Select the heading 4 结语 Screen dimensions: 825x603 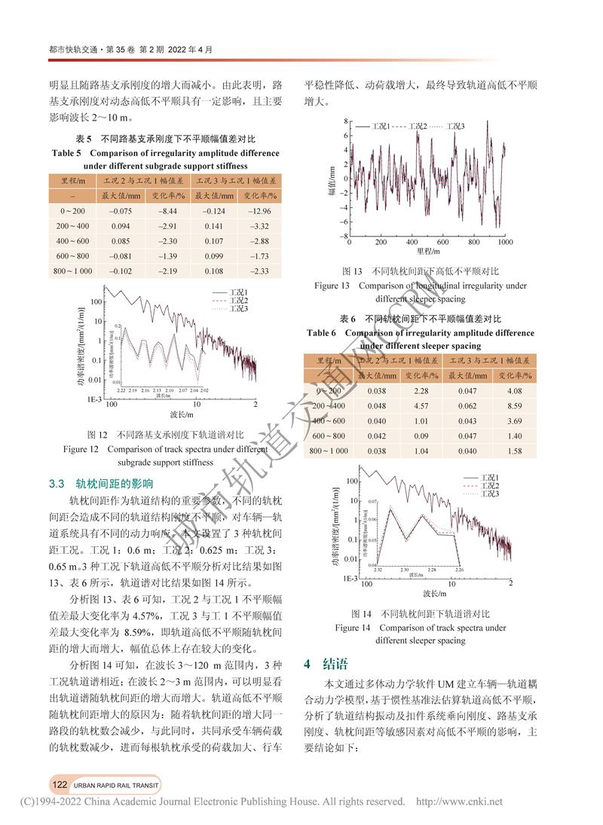click(326, 664)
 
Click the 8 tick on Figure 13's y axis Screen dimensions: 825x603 click(345, 121)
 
